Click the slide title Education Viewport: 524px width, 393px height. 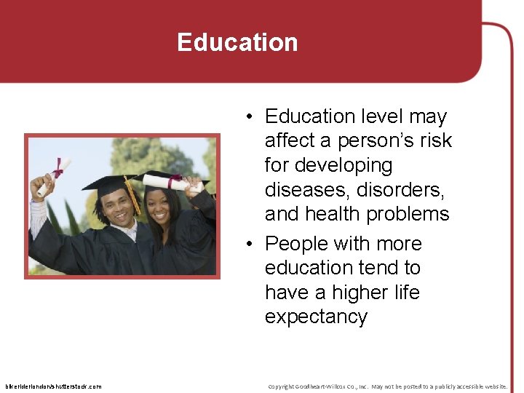(237, 42)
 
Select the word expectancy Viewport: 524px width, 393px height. (316, 317)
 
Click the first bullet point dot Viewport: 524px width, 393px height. (249, 117)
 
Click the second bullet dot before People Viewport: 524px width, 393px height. (249, 244)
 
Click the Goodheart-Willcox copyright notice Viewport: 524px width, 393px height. (387, 386)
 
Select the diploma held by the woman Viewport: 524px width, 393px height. (172, 182)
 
